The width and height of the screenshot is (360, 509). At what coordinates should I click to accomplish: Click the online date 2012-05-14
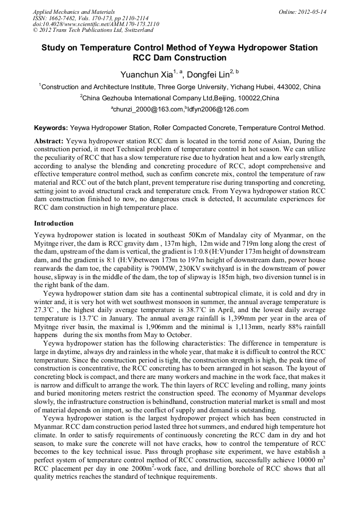coord(312,11)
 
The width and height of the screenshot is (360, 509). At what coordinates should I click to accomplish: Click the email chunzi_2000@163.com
coord(148,109)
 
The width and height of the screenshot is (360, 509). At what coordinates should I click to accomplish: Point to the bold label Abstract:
coord(49,141)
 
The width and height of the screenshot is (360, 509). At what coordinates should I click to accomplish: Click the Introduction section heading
coord(54,223)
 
